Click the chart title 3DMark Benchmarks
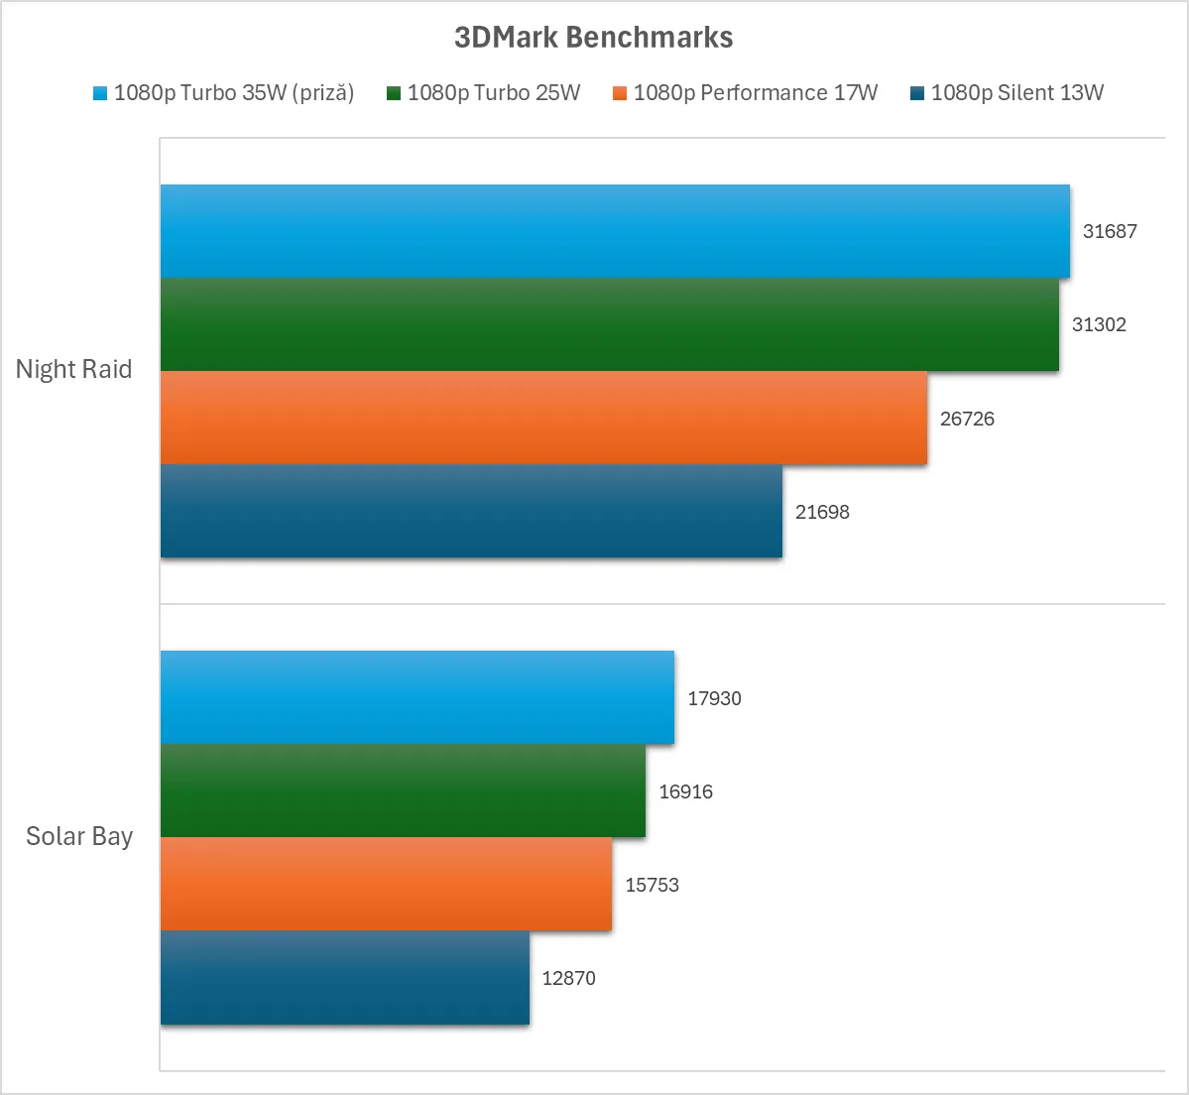pyautogui.click(x=593, y=38)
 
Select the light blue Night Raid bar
pyautogui.click(x=615, y=231)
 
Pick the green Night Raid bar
pyautogui.click(x=609, y=324)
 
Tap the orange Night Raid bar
pyautogui.click(x=543, y=418)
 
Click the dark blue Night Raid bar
pyautogui.click(x=471, y=511)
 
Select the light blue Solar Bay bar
pyautogui.click(x=416, y=697)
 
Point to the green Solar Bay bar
pyautogui.click(x=403, y=791)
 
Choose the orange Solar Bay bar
pyautogui.click(x=386, y=884)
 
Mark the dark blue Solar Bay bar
pyautogui.click(x=344, y=977)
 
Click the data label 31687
pyautogui.click(x=1110, y=231)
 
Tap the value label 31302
pyautogui.click(x=1099, y=324)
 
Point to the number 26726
pyautogui.click(x=967, y=419)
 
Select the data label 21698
pyautogui.click(x=822, y=512)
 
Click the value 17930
pyautogui.click(x=714, y=698)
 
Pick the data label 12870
pyautogui.click(x=568, y=978)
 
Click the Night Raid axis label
pyautogui.click(x=73, y=369)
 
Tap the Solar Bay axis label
pyautogui.click(x=79, y=836)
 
